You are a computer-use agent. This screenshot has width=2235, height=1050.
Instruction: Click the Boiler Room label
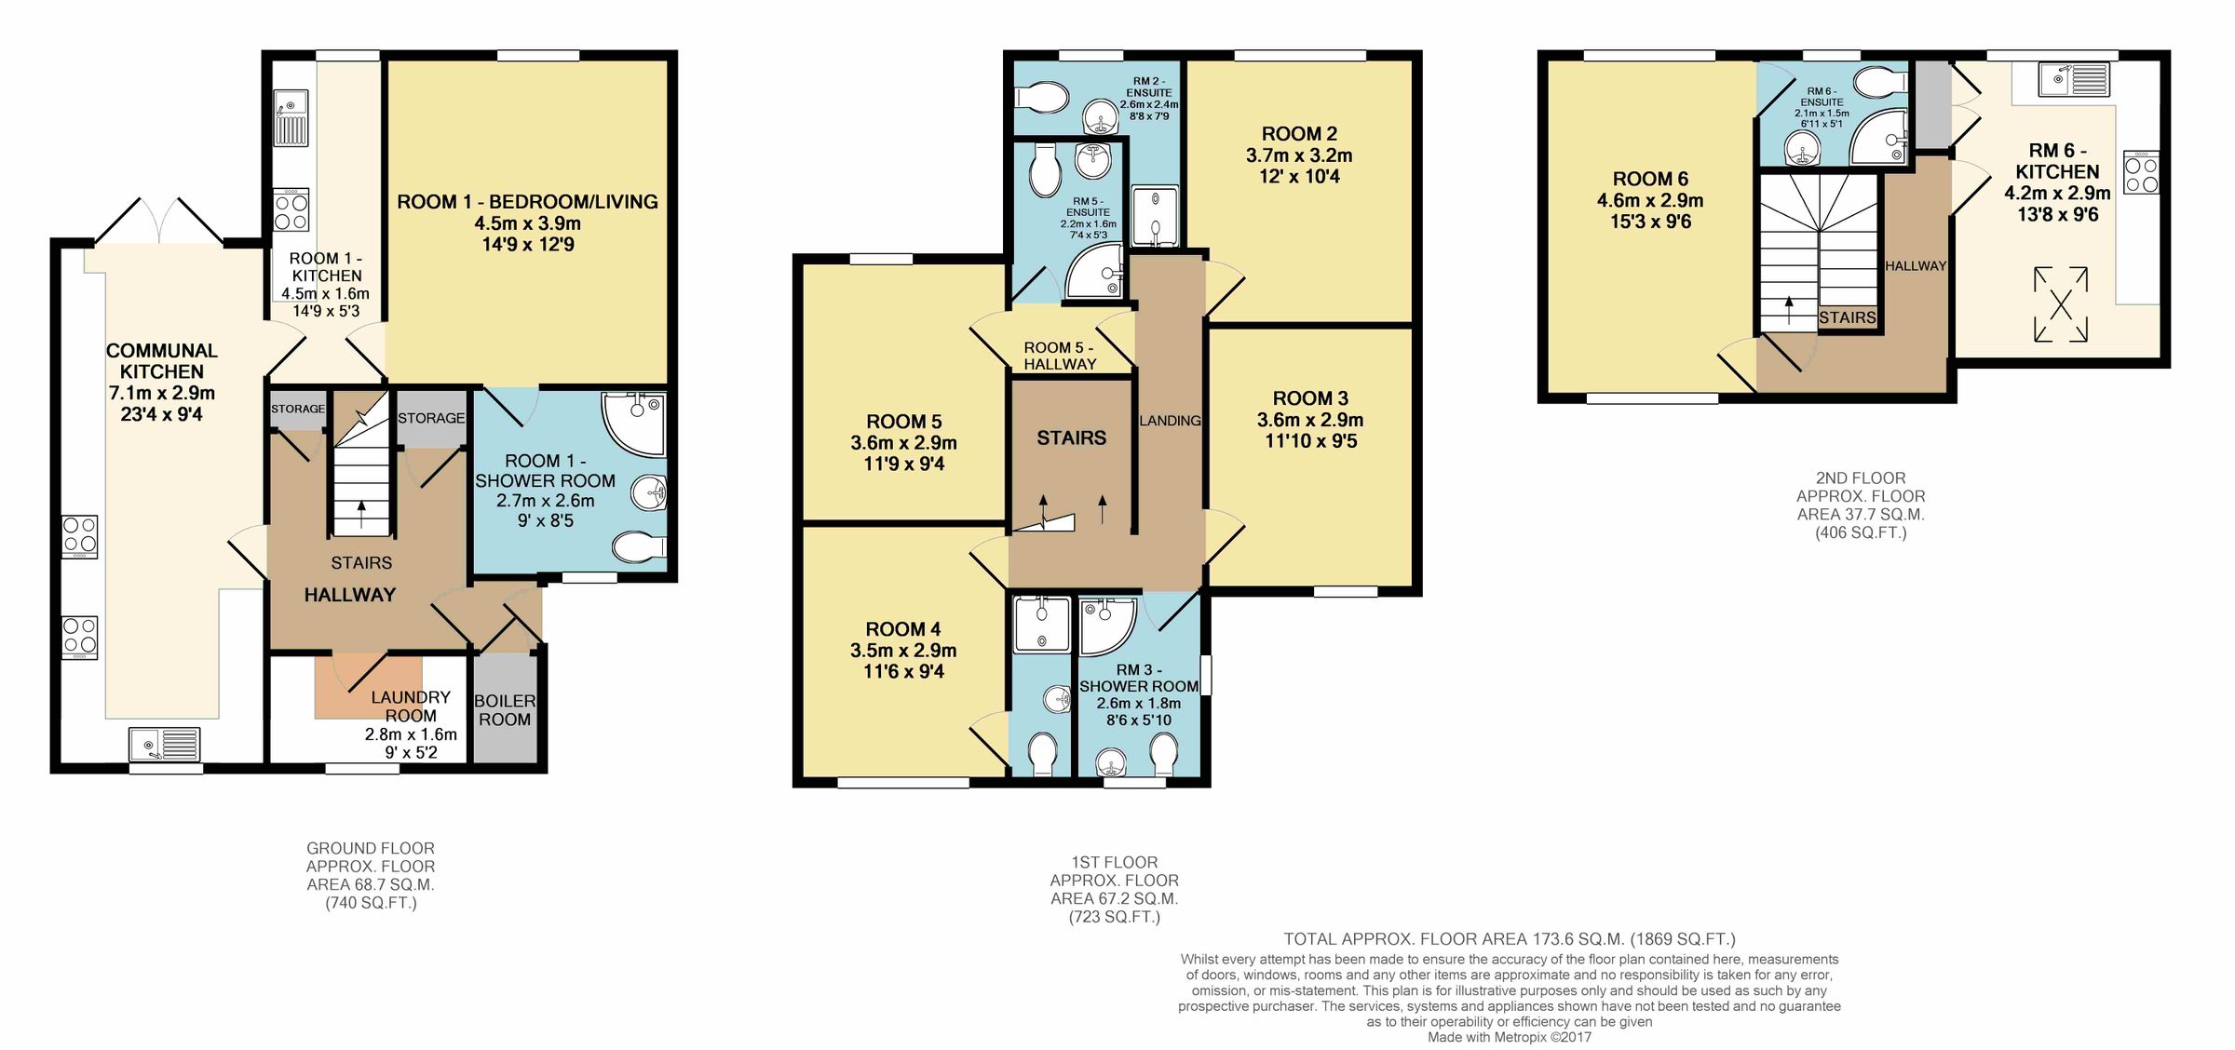pyautogui.click(x=505, y=710)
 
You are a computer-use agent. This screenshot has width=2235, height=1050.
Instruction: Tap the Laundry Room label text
pyautogui.click(x=411, y=707)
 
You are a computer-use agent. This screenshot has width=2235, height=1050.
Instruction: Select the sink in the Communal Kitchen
pyautogui.click(x=166, y=745)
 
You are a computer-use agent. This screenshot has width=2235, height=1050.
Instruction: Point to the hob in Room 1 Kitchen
pyautogui.click(x=291, y=209)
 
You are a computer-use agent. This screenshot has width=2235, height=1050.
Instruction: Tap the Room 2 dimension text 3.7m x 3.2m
pyautogui.click(x=1299, y=155)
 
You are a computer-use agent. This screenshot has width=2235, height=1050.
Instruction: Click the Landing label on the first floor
pyautogui.click(x=1170, y=421)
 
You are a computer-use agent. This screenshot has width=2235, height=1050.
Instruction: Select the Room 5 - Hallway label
pyautogui.click(x=1060, y=356)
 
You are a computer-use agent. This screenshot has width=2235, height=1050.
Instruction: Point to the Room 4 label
pyautogui.click(x=903, y=629)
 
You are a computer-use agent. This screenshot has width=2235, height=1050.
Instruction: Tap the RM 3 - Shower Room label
pyautogui.click(x=1139, y=678)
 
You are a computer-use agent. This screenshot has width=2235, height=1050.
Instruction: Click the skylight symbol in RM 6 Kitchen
pyautogui.click(x=2061, y=304)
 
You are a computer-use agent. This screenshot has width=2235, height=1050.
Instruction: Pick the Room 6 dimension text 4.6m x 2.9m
pyautogui.click(x=1650, y=200)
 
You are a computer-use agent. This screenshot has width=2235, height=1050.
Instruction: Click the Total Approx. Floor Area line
pyautogui.click(x=1509, y=939)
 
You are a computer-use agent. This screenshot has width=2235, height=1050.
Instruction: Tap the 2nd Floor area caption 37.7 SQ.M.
pyautogui.click(x=1860, y=514)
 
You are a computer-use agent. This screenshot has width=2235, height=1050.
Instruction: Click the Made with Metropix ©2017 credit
pyautogui.click(x=1509, y=1037)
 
